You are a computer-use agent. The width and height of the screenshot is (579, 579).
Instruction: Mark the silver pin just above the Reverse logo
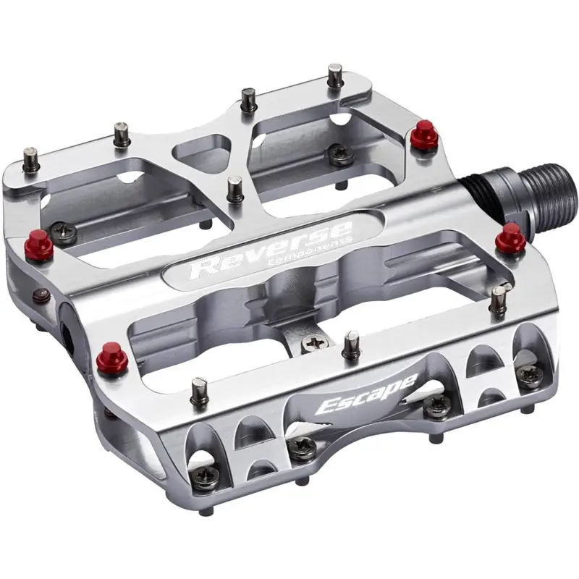coord(234,190)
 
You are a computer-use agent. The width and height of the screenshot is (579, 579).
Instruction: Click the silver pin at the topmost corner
coord(335,75)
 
